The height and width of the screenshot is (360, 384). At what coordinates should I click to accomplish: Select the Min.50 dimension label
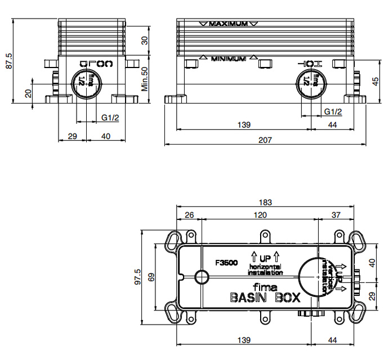[x=144, y=79]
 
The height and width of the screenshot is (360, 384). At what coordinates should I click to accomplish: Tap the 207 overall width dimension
[x=265, y=140]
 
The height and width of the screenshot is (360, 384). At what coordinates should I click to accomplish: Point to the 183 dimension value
[x=265, y=202]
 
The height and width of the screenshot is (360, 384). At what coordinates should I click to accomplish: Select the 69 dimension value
[x=150, y=277]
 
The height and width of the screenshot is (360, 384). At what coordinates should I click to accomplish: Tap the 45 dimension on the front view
[x=375, y=81]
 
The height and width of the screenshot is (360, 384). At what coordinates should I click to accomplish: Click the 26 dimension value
[x=189, y=215]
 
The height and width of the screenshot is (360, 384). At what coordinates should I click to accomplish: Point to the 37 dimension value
[x=336, y=215]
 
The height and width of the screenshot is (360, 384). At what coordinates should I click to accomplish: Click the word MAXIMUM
[x=228, y=24]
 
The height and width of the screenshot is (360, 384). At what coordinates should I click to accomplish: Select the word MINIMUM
[x=228, y=58]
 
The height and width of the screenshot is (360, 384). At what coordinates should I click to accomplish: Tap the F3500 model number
[x=226, y=262]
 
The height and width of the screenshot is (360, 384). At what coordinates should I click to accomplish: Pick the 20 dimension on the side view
[x=28, y=93]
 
